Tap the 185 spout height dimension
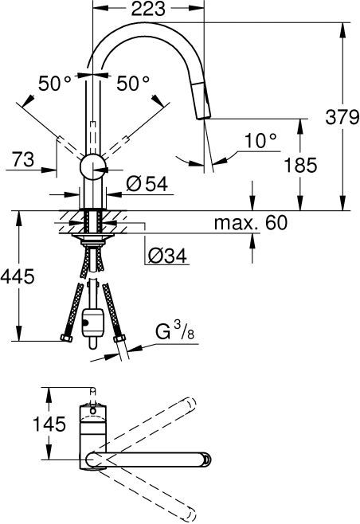[x=300, y=166]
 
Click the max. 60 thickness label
[x=249, y=223]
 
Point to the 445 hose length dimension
[x=18, y=277]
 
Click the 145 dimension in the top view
[x=22, y=424]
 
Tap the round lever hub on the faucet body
[x=93, y=166]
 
